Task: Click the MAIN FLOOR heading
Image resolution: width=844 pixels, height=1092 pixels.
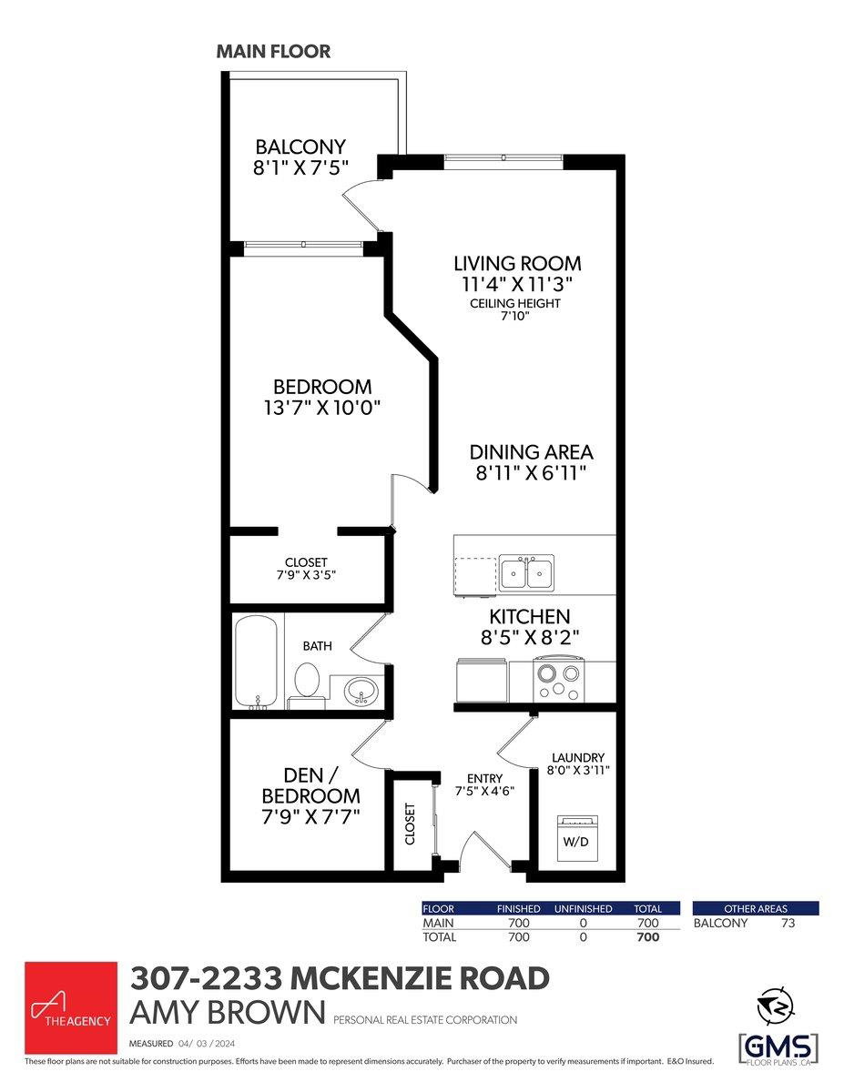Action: pyautogui.click(x=273, y=51)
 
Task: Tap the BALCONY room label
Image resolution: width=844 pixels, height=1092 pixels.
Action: pyautogui.click(x=300, y=147)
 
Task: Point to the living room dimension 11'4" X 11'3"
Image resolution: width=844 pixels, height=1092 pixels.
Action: pyautogui.click(x=517, y=285)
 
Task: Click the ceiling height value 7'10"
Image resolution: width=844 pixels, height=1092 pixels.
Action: pyautogui.click(x=515, y=316)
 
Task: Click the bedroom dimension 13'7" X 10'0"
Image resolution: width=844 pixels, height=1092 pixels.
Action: pyautogui.click(x=321, y=408)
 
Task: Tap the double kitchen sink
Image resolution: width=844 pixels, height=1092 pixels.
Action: pyautogui.click(x=526, y=572)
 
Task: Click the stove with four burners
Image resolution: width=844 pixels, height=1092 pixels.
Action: pyautogui.click(x=559, y=680)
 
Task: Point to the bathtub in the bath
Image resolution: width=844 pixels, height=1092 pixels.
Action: pyautogui.click(x=256, y=662)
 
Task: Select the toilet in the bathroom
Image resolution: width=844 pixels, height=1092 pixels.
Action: pyautogui.click(x=306, y=684)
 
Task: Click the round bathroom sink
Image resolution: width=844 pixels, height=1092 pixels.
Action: pyautogui.click(x=361, y=690)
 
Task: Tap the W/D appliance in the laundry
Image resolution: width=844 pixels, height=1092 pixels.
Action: pyautogui.click(x=576, y=839)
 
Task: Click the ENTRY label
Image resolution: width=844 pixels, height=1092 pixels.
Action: pyautogui.click(x=484, y=778)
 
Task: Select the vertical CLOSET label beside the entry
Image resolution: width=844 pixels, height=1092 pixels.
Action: pyautogui.click(x=410, y=824)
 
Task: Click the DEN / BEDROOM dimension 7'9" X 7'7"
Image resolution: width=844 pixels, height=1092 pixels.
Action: pyautogui.click(x=310, y=817)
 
